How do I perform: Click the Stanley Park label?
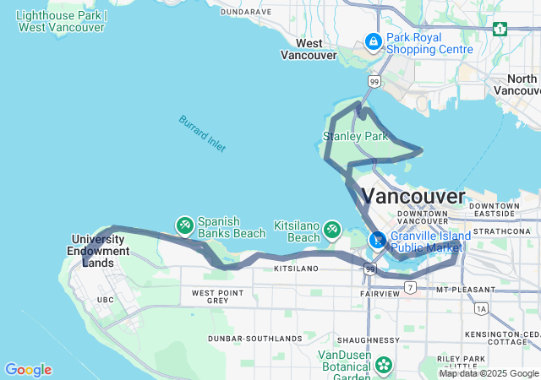pyautogui.click(x=355, y=136)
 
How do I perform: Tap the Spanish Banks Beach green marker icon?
pyautogui.click(x=184, y=225)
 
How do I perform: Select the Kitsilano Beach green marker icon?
pyautogui.click(x=332, y=229)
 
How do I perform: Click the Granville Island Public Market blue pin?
pyautogui.click(x=377, y=241)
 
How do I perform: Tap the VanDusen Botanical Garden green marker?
pyautogui.click(x=384, y=365)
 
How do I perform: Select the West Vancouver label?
pyautogui.click(x=308, y=49)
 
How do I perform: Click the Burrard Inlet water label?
pyautogui.click(x=202, y=133)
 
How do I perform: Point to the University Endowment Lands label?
pyautogui.click(x=101, y=251)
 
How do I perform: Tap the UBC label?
pyautogui.click(x=106, y=300)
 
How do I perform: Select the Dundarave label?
pyautogui.click(x=245, y=12)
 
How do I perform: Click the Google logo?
pyautogui.click(x=28, y=369)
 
